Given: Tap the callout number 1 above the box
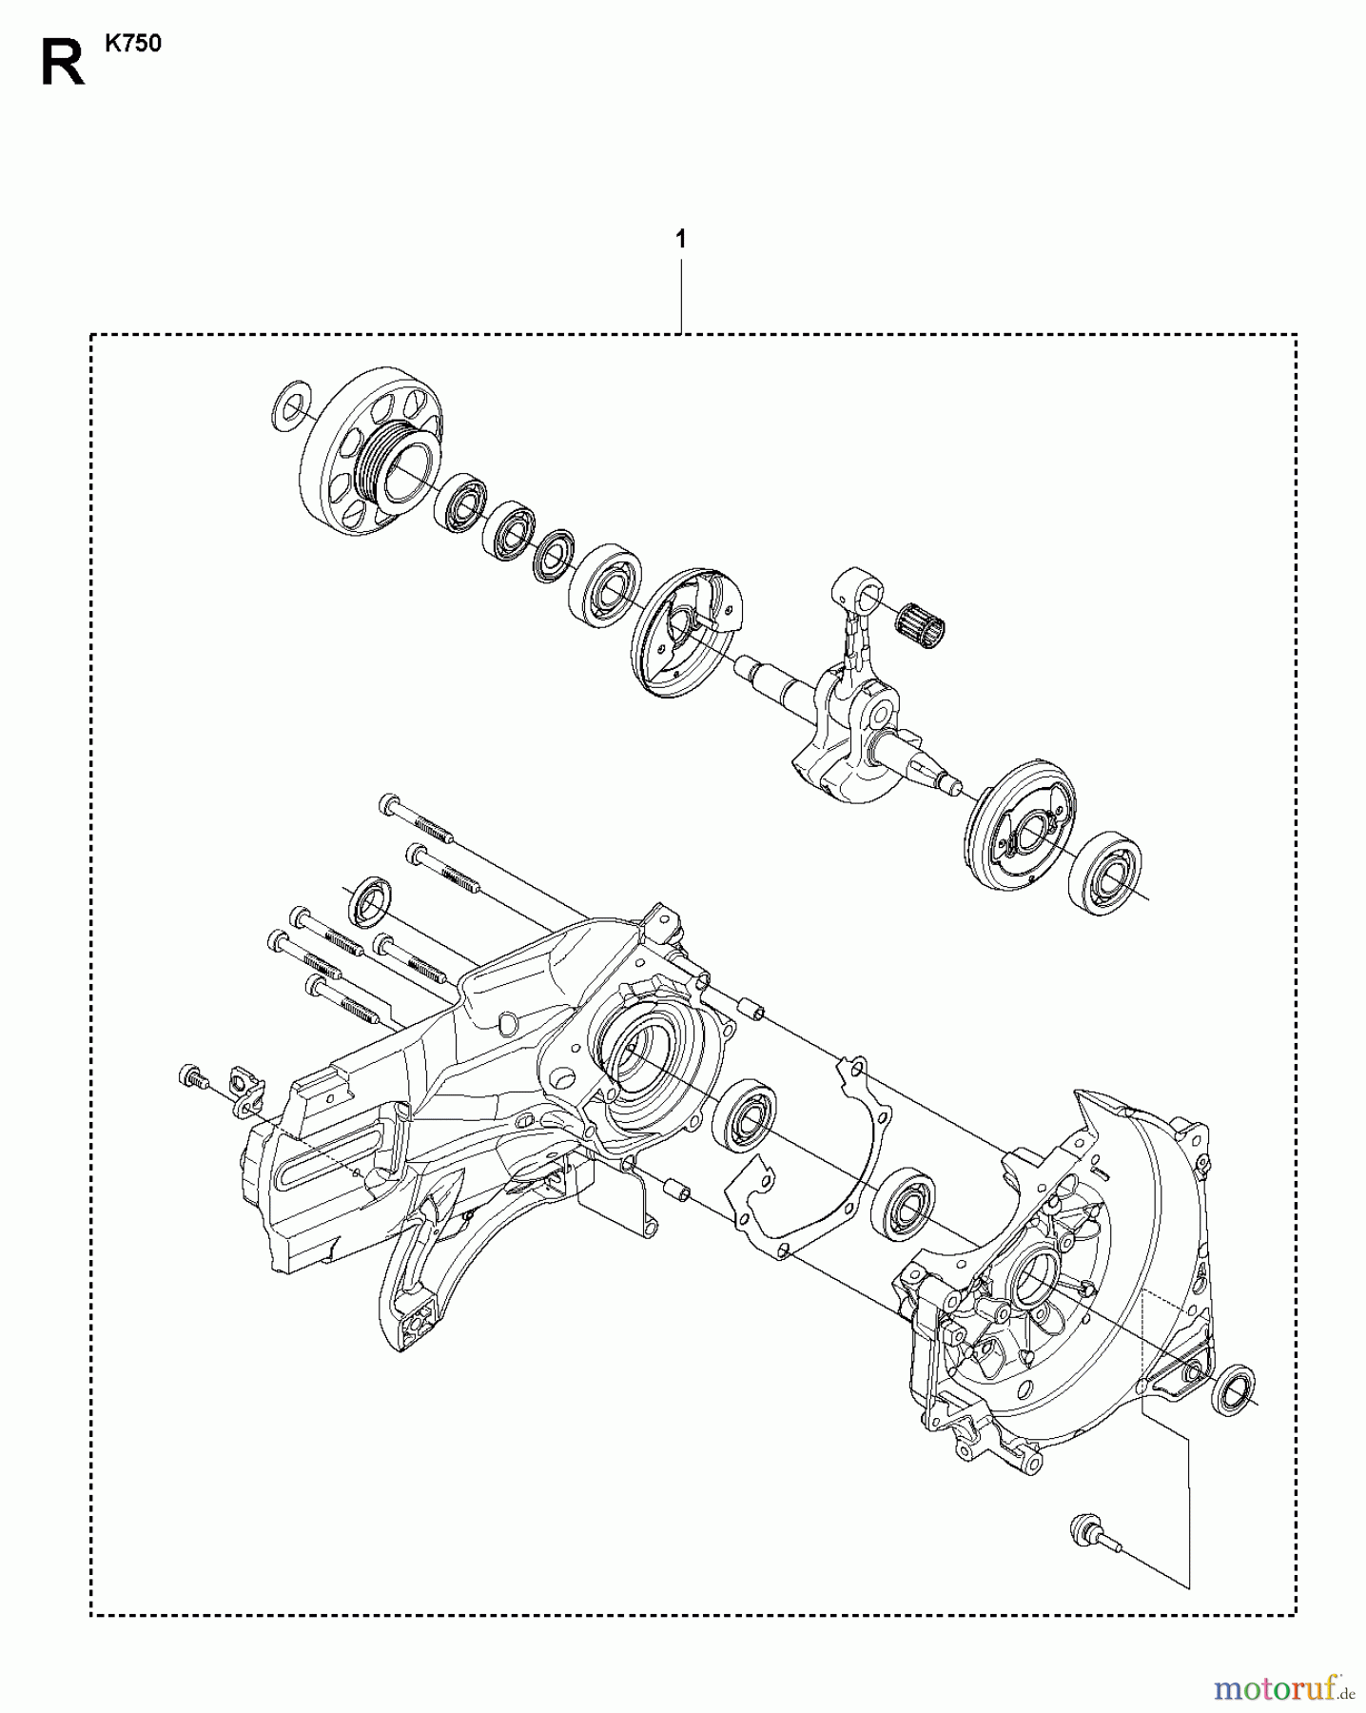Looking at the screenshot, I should tap(681, 240).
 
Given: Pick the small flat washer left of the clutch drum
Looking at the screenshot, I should tap(289, 405).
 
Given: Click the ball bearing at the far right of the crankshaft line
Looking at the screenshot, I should tap(1108, 866).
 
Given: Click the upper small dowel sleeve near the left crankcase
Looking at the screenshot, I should tap(752, 1006).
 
